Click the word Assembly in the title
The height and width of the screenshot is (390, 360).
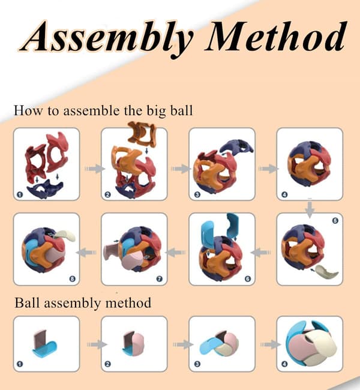pyautogui.click(x=108, y=38)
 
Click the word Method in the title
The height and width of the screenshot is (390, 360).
pyautogui.click(x=276, y=36)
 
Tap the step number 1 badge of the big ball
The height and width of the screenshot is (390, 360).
pyautogui.click(x=20, y=194)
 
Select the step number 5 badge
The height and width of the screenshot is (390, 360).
pyautogui.click(x=335, y=220)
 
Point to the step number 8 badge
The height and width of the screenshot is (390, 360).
pyautogui.click(x=72, y=279)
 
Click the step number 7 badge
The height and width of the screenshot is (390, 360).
pyautogui.click(x=160, y=279)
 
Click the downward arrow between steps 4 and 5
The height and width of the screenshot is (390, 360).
pyautogui.click(x=310, y=209)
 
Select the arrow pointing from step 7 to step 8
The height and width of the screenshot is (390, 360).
pyautogui.click(x=86, y=253)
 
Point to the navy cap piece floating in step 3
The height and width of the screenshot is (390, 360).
pyautogui.click(x=237, y=146)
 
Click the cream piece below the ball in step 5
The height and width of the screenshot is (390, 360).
pyautogui.click(x=326, y=272)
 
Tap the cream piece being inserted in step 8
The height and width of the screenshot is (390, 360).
pyautogui.click(x=65, y=235)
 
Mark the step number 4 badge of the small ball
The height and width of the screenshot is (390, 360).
pyautogui.click(x=284, y=364)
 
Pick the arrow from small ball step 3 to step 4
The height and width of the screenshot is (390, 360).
pyautogui.click(x=270, y=344)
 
